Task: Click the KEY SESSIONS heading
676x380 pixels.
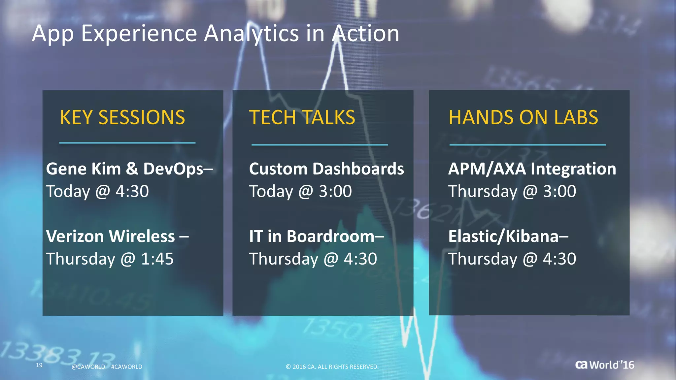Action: (122, 118)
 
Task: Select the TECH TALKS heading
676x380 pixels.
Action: (302, 118)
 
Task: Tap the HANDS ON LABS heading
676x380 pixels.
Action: (523, 118)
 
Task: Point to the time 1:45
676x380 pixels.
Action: (157, 259)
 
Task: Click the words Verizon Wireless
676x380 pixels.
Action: (110, 237)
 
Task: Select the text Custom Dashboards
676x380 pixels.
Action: (326, 169)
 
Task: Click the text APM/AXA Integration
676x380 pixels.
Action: (532, 169)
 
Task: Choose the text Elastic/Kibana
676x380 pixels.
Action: (503, 237)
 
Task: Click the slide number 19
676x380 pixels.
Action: (39, 365)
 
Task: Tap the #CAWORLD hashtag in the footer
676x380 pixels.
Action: (127, 367)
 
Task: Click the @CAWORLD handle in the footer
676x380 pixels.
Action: (88, 367)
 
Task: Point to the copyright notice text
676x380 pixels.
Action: (332, 367)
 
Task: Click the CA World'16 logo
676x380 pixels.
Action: (605, 365)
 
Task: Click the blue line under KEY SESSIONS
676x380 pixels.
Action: (127, 143)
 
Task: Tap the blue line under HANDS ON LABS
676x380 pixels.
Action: (527, 145)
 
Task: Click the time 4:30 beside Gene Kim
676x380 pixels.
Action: (132, 192)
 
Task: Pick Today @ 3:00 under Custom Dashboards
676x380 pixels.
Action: (300, 192)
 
